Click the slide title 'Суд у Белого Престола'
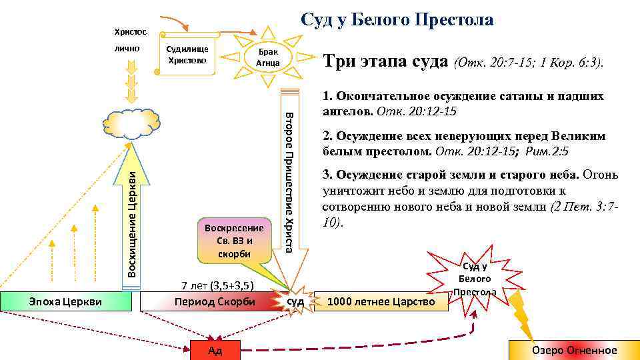[397, 20]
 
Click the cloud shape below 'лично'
[133, 123]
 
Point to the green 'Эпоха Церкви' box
[66, 301]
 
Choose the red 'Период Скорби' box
[214, 301]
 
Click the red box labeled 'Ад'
[215, 351]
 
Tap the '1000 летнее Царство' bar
[381, 302]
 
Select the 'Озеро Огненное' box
[574, 351]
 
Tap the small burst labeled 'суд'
[295, 302]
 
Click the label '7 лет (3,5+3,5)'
[217, 286]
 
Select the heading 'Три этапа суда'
[385, 61]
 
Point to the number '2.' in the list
[327, 136]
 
